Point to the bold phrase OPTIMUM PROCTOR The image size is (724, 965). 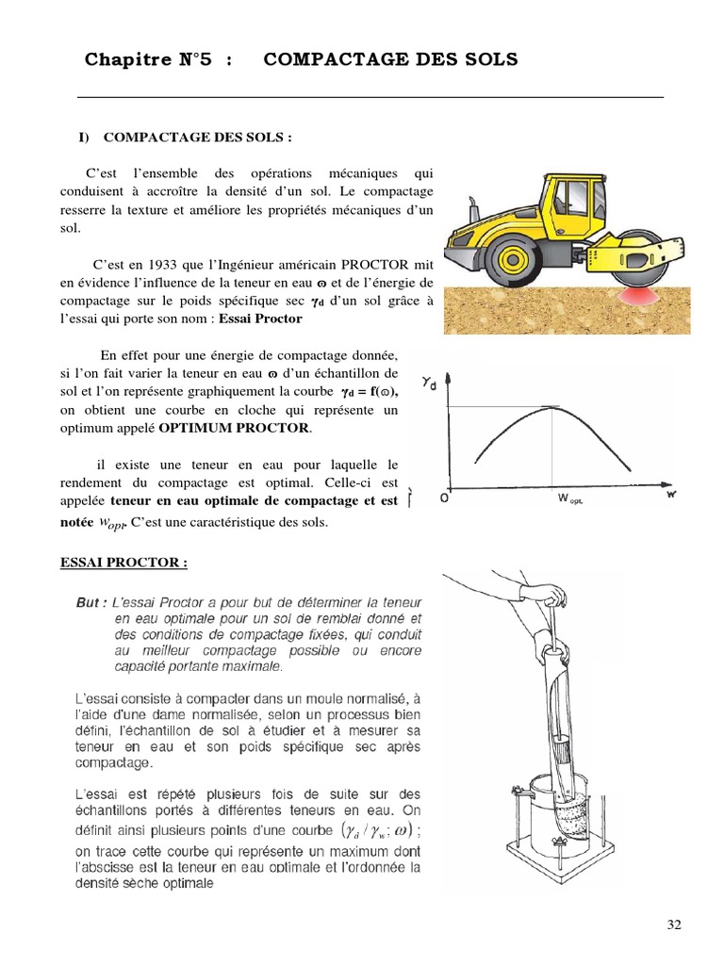click(x=234, y=428)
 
